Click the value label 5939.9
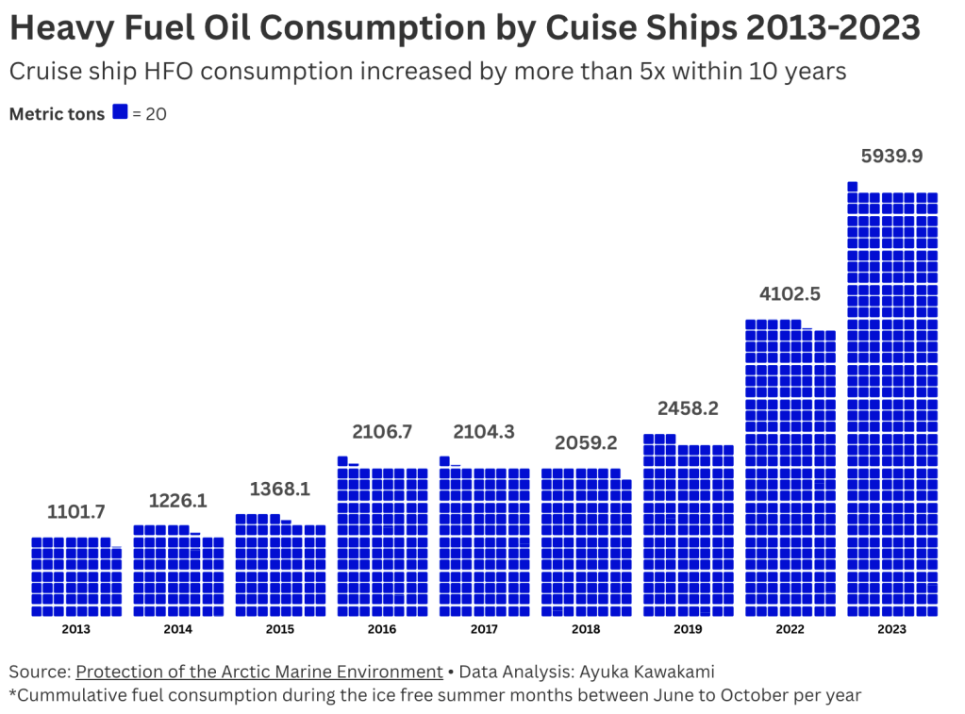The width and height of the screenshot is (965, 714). [x=891, y=156]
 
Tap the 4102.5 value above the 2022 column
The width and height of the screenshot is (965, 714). [x=790, y=293]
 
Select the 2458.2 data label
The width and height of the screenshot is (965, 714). [x=688, y=408]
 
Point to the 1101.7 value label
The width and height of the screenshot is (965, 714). [x=76, y=512]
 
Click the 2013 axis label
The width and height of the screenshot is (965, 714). [x=76, y=629]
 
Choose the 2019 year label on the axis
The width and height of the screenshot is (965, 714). [x=688, y=629]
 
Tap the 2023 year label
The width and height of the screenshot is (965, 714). [x=891, y=629]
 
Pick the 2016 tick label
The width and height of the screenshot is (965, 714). [x=382, y=629]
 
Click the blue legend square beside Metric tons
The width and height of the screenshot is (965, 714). [x=120, y=112]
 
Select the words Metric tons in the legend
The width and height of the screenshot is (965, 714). [x=57, y=114]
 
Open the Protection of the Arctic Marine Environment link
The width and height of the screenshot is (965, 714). [x=259, y=672]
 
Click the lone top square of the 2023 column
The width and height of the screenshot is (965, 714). [x=852, y=186]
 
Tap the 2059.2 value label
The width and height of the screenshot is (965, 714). [x=586, y=442]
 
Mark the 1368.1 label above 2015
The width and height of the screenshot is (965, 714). [x=280, y=490]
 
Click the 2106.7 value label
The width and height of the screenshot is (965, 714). [x=382, y=431]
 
